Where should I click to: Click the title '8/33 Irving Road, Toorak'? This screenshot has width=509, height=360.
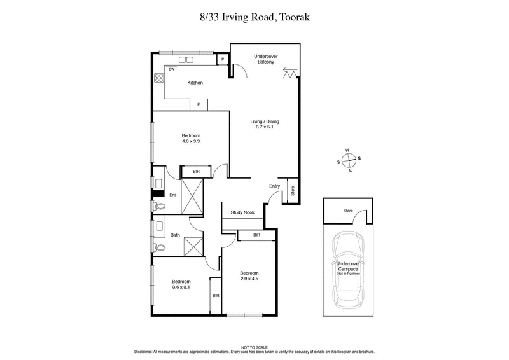[x=254, y=19]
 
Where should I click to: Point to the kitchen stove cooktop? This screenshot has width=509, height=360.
[x=158, y=80]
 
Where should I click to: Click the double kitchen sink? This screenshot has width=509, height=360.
[x=186, y=60]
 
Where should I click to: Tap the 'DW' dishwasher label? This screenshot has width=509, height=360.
[x=172, y=69]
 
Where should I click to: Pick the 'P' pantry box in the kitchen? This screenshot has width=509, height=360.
[x=223, y=60]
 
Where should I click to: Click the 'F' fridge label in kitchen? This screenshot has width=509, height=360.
[x=199, y=104]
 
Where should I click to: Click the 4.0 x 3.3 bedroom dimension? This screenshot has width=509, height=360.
[x=191, y=141]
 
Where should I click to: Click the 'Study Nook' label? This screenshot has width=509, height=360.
[x=242, y=213]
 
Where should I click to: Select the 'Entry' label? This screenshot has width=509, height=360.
[x=274, y=186]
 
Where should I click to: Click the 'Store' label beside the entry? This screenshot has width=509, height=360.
[x=292, y=190]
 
